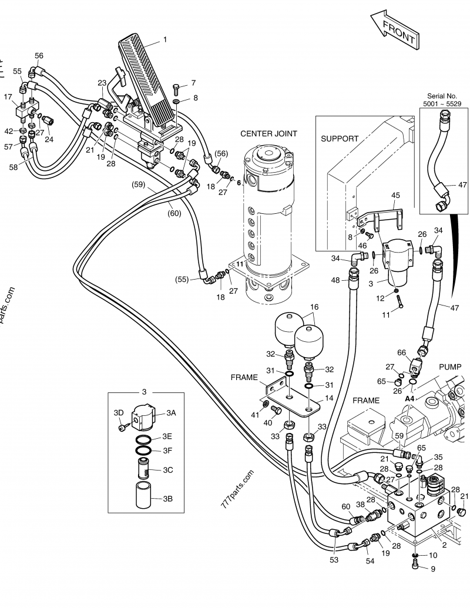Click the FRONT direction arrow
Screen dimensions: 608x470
click(395, 32)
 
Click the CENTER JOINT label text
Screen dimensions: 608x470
click(268, 134)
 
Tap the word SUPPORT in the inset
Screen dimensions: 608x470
click(340, 139)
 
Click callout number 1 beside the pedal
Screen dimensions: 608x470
click(165, 40)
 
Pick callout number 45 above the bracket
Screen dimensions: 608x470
click(395, 196)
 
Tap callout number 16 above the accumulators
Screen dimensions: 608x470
click(314, 307)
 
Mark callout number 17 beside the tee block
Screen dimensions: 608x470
click(8, 96)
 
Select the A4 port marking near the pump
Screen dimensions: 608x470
click(409, 398)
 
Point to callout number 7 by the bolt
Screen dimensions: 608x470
click(193, 83)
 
